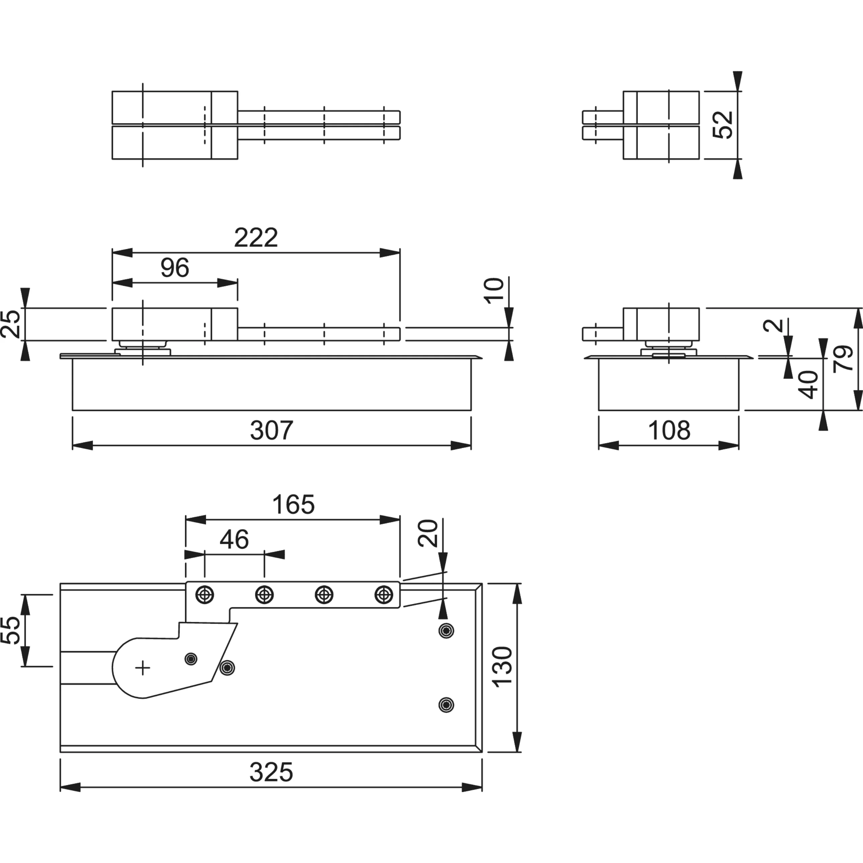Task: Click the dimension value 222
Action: click(x=256, y=238)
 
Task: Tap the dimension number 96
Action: click(x=175, y=268)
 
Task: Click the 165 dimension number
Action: click(x=293, y=505)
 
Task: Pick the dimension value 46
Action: click(x=234, y=540)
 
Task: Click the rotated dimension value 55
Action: click(x=11, y=630)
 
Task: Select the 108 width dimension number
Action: click(x=669, y=430)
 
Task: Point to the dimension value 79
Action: click(x=843, y=358)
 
